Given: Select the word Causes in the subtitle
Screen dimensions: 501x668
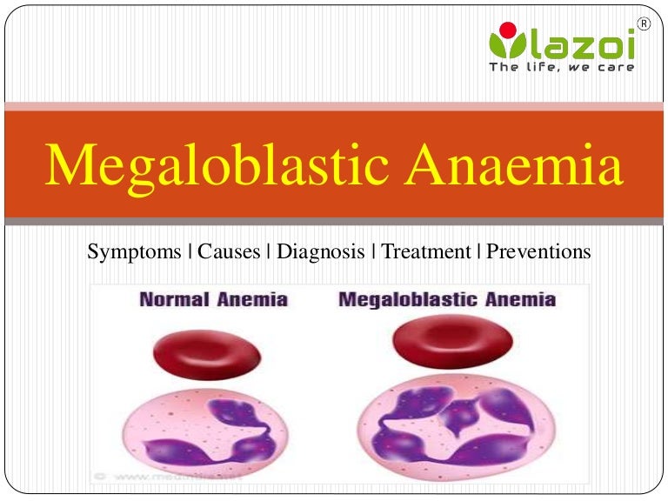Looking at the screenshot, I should (229, 252).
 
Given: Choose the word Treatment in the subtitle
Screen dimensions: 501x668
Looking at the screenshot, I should (426, 252).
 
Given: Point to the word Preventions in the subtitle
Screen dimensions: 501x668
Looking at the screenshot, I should (538, 252).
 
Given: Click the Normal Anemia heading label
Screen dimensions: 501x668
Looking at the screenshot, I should (213, 300).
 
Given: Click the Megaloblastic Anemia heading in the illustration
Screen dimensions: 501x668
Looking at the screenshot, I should (446, 300).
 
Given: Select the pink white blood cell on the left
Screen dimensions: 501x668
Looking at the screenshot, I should (203, 435).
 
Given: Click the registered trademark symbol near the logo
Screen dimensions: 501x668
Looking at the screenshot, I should (644, 24).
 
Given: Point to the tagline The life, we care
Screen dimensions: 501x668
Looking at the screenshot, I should (561, 67).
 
